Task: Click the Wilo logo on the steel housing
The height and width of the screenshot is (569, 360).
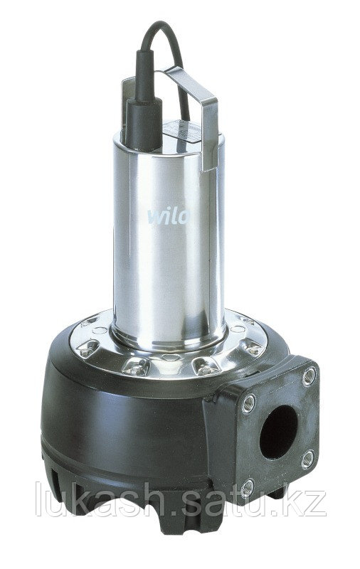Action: [168, 216]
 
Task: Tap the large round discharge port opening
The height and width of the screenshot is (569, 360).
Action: [278, 432]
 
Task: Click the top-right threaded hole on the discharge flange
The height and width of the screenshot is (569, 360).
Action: [309, 377]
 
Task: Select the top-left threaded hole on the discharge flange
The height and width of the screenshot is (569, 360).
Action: [248, 403]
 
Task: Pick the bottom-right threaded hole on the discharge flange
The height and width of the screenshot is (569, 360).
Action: [308, 459]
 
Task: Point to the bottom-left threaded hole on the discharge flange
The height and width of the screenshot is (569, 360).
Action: [248, 487]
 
